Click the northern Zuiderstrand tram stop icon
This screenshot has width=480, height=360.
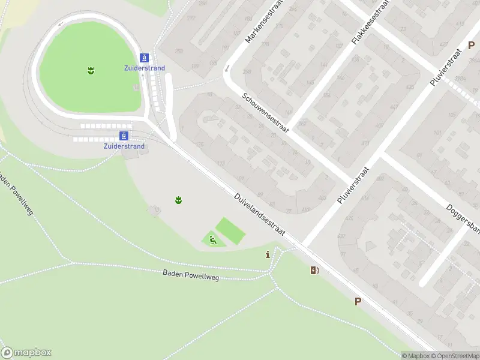pos(145,58)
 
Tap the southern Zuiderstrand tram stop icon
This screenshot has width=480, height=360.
pos(124,136)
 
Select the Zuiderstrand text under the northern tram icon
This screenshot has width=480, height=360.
pos(145,68)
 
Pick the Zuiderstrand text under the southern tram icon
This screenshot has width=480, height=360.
pos(124,146)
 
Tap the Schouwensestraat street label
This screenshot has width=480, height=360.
pos(265,113)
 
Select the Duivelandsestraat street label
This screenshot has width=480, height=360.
pos(259,214)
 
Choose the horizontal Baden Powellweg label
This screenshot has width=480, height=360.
pos(191,275)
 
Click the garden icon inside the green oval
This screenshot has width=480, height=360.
pos(91,71)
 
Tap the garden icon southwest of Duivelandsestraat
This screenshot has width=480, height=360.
pos(178,199)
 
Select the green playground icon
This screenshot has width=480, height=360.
pos(212,241)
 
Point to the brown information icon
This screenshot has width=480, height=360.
pos(268,255)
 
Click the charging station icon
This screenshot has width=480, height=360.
pos(314,270)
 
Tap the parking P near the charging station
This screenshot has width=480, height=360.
pos(358,302)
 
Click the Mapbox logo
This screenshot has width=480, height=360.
pos(26,352)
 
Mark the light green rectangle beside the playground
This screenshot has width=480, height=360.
pos(231,231)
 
